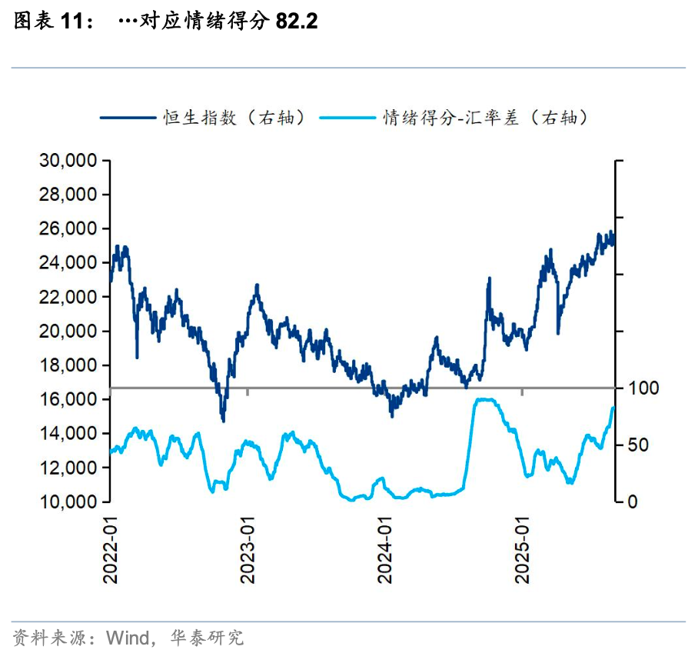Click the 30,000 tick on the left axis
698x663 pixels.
coord(67,161)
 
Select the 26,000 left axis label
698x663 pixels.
coord(67,229)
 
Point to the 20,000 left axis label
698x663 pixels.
coord(67,331)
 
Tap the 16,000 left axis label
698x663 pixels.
coord(67,399)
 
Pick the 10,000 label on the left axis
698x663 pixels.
coord(67,501)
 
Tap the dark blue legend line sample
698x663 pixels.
coord(127,118)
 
